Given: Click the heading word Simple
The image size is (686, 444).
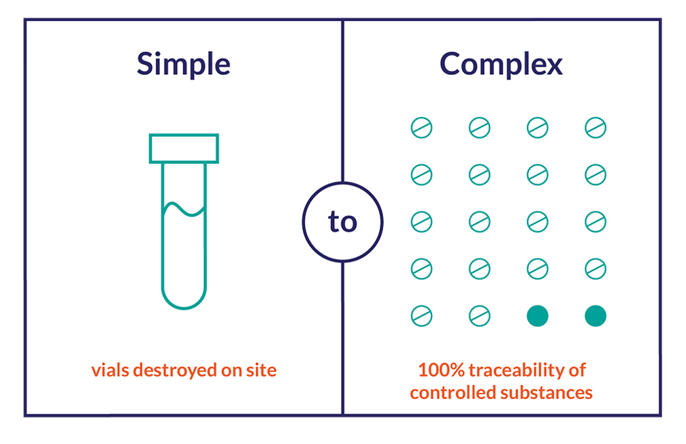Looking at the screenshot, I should tap(183, 65).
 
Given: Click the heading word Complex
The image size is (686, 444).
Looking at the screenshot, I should tap(501, 65).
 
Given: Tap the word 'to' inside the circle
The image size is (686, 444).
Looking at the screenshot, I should tap(342, 222).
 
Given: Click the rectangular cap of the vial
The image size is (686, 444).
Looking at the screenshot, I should tap(184, 148).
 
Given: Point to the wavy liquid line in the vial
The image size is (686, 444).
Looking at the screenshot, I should tap(184, 208).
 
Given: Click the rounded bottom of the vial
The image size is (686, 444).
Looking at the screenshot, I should tap(184, 297).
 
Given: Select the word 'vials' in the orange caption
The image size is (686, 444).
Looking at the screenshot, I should tap(110, 370).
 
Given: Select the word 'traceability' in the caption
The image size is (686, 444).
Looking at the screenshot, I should tap(520, 370).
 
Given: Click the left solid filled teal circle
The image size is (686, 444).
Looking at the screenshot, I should tap(538, 316).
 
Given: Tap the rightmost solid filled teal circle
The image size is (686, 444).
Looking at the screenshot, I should tap(595, 316).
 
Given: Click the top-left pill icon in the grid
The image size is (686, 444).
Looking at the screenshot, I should tap(421, 127).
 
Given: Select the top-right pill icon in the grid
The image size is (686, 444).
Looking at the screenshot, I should tap(595, 127).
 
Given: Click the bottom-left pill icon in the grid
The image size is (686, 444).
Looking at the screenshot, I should tap(421, 316).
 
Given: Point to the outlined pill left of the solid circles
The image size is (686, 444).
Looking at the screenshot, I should tap(479, 316).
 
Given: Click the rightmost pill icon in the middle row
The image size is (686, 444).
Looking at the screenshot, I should tap(595, 222).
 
